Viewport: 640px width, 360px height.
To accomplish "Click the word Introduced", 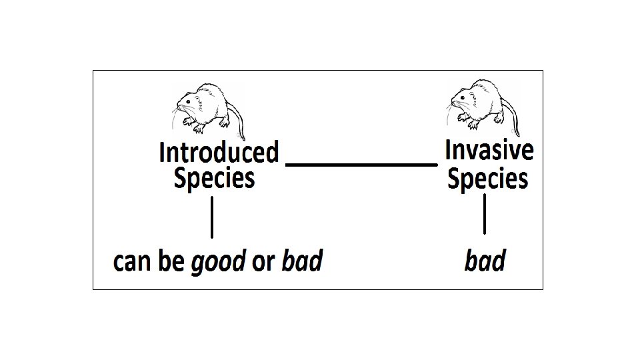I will coord(219,153).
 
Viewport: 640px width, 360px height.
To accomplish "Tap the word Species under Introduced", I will coord(214,179).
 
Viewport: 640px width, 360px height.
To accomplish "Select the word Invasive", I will coord(489,150).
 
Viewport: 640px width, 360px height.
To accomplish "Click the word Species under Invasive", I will coord(487,179).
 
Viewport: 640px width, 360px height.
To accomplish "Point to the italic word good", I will coord(219,262).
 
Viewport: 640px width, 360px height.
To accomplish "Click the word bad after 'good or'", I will coord(302,261).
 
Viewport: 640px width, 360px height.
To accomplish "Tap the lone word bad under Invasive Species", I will coord(485,261).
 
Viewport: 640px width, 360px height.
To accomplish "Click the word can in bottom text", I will coord(133,263).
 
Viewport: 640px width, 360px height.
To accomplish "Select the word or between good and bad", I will coord(263,263).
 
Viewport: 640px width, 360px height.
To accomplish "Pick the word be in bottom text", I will coord(171,262).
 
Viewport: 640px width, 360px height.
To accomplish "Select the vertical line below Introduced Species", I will coord(212,217).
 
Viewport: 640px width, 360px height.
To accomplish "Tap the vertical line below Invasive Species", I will coord(485,213).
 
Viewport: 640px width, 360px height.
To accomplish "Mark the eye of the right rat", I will coord(465,98).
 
